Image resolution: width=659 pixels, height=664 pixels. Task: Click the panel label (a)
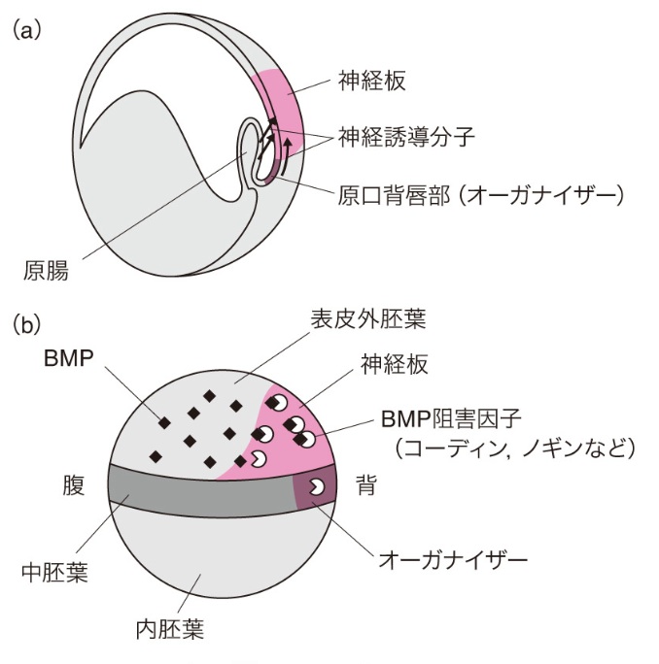25,30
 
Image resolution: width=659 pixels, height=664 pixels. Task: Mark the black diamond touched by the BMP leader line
165,420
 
